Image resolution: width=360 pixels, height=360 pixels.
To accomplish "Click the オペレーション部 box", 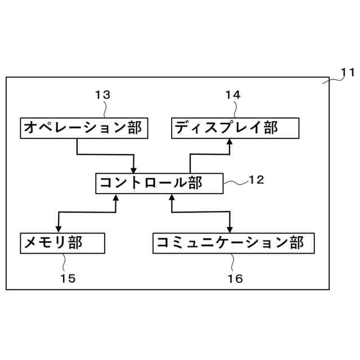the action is click(83, 128).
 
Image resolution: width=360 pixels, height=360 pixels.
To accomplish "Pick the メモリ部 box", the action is click(62, 242).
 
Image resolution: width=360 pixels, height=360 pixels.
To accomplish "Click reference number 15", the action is click(67, 277).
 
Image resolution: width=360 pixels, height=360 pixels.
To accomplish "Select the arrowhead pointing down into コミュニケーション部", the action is click(229, 228).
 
